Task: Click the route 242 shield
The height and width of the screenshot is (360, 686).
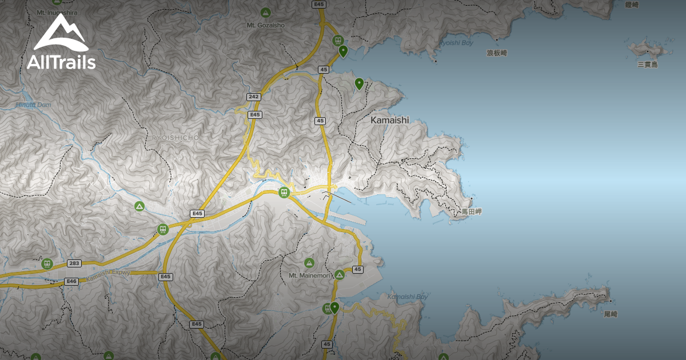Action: pos(254,97)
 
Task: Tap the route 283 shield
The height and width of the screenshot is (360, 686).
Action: pos(74,263)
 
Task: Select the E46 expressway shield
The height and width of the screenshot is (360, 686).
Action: pos(71,281)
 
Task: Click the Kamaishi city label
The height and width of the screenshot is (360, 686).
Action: pos(390,120)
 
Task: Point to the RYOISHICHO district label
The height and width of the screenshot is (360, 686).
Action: pos(176,138)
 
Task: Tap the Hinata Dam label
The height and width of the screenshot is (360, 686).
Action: pos(33,105)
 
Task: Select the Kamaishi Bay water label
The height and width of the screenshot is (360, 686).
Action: pos(407,297)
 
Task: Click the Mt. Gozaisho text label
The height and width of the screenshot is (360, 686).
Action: pos(265,25)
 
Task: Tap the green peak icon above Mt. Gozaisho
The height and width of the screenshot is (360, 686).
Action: pos(265,12)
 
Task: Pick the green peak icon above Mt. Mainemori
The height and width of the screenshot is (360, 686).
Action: pos(309,263)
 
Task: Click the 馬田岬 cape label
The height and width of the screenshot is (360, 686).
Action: pos(472,211)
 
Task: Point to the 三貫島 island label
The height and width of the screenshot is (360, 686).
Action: pos(648,65)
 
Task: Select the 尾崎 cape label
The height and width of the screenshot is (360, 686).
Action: pos(611,314)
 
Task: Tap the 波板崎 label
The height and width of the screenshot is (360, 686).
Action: pos(497,53)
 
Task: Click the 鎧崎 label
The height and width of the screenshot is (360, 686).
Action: pos(632,5)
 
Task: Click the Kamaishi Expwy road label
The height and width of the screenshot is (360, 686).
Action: pos(109,276)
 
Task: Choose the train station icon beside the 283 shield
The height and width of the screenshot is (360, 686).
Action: pos(47,264)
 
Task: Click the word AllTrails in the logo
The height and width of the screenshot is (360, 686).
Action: pos(61,62)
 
